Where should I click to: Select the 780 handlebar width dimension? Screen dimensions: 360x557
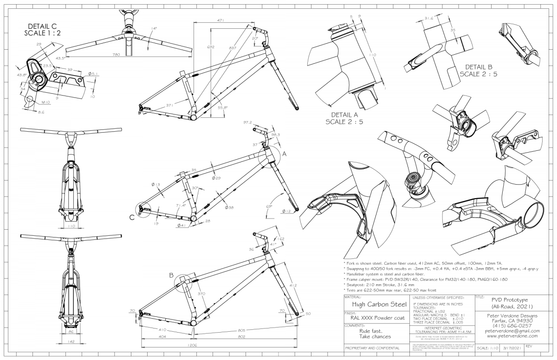[x=116, y=55]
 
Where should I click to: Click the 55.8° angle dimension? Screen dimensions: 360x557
[x=222, y=108]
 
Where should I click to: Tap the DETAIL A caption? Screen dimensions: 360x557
[x=350, y=118]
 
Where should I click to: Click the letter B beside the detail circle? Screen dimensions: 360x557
[x=171, y=275]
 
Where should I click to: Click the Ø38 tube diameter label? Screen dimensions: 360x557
[x=229, y=207]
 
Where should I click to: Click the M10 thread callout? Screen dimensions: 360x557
[x=46, y=102]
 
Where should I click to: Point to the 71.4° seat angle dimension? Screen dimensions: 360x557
[x=181, y=205]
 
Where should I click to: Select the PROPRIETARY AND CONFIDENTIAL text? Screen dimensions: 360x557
[x=370, y=347]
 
